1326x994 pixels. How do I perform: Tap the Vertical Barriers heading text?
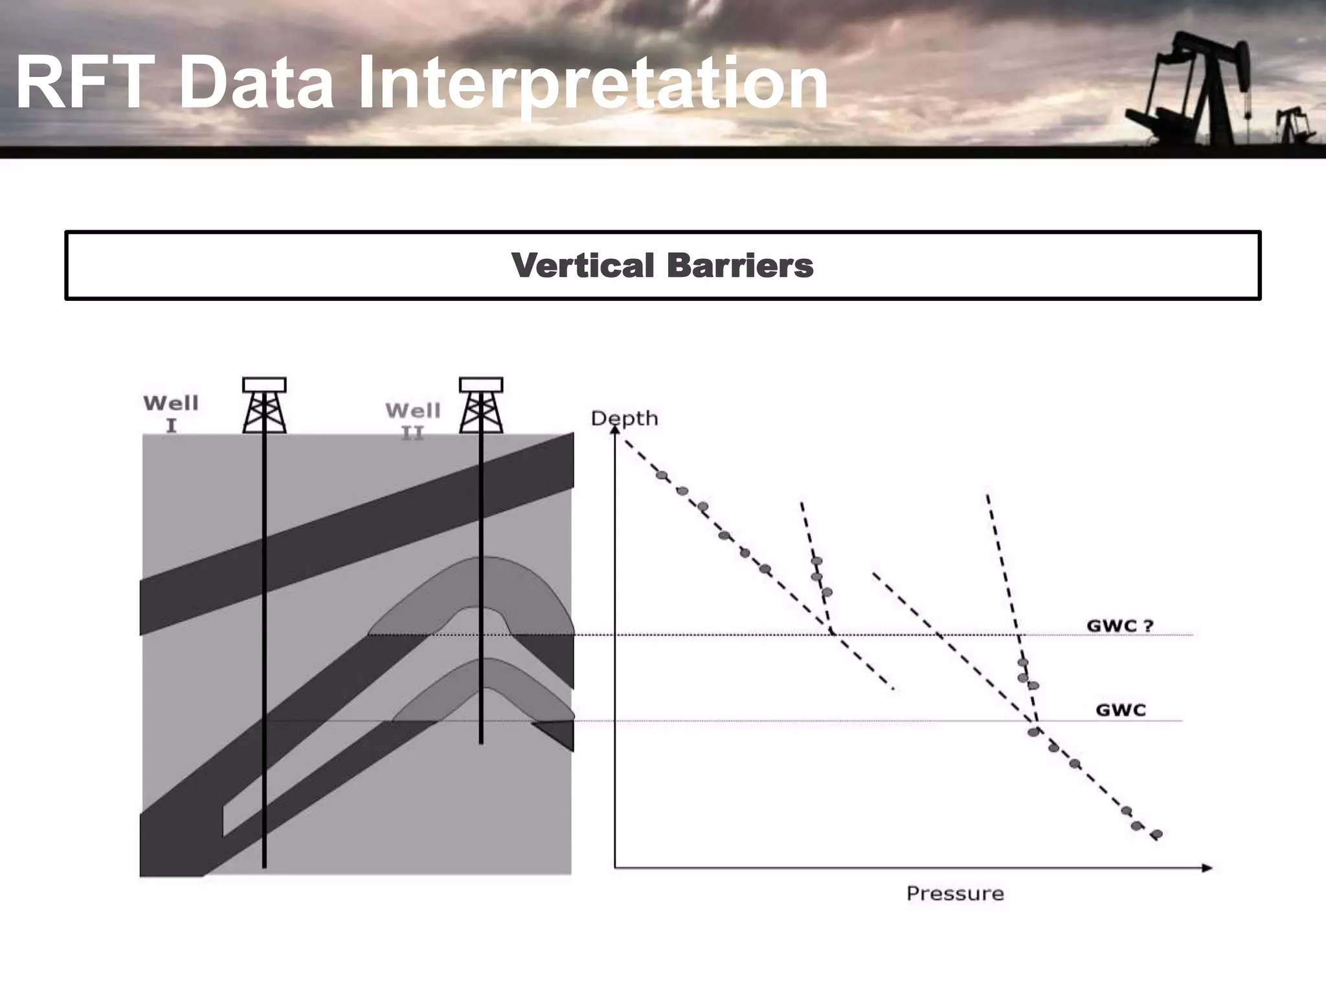(x=662, y=265)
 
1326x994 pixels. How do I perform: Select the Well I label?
(x=171, y=414)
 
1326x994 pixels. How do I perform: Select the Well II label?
(x=413, y=421)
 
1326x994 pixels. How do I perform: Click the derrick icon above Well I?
(x=264, y=406)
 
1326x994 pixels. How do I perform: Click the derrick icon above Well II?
(x=481, y=406)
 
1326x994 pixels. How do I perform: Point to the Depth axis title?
(x=624, y=418)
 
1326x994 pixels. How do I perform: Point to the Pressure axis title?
(x=955, y=894)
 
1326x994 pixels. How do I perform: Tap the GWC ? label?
(x=1119, y=626)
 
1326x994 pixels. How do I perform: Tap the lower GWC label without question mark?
(x=1121, y=710)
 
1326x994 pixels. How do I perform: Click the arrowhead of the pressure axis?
(x=1207, y=868)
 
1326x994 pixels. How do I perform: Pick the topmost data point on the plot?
(x=661, y=475)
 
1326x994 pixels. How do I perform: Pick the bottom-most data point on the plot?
(x=1157, y=834)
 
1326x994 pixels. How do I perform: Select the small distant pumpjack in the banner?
(x=1290, y=124)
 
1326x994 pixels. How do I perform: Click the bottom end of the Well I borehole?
(x=264, y=865)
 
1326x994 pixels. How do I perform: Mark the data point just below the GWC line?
(x=1033, y=733)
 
